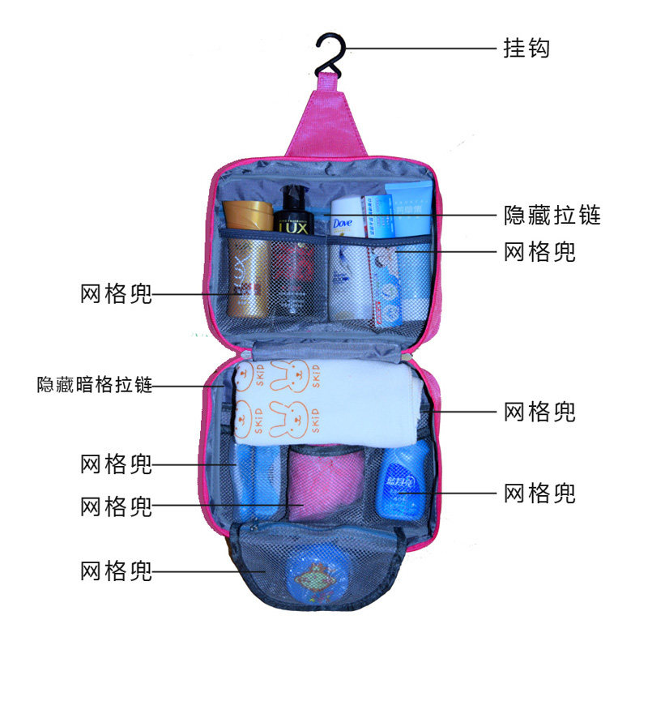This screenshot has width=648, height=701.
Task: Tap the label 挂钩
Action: tap(526, 48)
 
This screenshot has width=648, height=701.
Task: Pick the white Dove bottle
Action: tap(348, 259)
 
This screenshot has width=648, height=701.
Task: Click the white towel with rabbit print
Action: tap(324, 401)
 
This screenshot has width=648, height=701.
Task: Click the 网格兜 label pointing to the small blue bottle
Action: tap(539, 492)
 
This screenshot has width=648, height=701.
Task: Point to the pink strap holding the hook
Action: tap(325, 113)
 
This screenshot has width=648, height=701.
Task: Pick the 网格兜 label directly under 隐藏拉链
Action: tap(539, 251)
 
